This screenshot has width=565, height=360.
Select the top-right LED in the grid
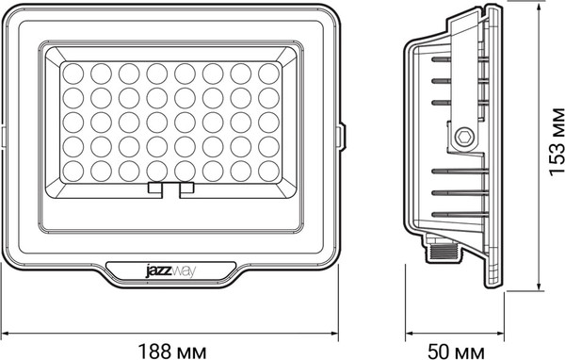tap(268, 73)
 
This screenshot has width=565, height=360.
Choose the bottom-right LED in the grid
tap(268, 170)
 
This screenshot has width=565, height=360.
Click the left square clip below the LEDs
tap(154, 189)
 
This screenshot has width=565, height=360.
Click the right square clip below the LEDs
tap(186, 189)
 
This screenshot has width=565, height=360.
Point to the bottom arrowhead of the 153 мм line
tap(537, 286)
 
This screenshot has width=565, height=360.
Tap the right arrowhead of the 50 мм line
tap(495, 333)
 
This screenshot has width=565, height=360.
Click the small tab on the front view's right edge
tap(341, 135)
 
